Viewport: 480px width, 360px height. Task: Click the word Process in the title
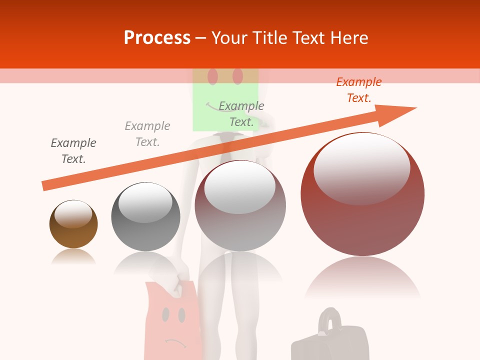157,38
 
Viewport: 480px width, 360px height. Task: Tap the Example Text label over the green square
241,114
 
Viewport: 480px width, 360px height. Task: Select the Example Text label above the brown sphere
73,151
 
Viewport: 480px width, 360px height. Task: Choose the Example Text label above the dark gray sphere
147,134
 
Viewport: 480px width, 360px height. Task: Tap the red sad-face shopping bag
172,320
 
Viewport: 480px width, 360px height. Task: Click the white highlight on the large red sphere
361,167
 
